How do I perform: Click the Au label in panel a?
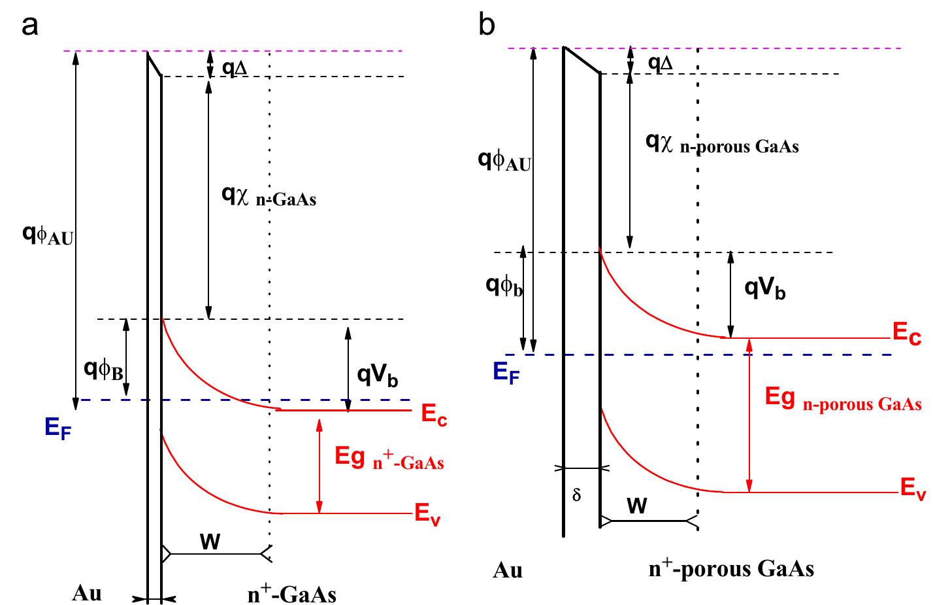coord(87,595)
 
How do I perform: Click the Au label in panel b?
coord(508,570)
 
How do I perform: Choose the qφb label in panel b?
coord(504,286)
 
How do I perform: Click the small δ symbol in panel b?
coord(576,494)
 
